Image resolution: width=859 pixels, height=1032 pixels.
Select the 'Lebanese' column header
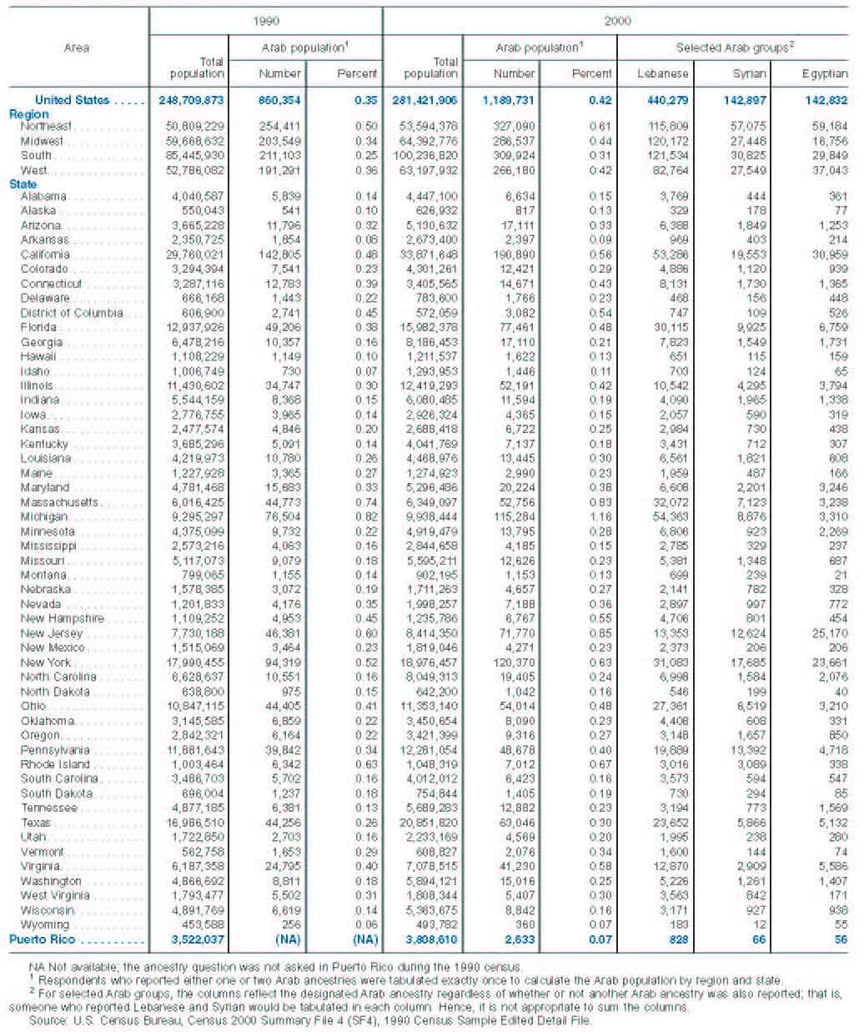(x=663, y=73)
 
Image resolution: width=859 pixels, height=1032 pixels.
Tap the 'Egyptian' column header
(x=825, y=73)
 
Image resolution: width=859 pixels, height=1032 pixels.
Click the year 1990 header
(x=266, y=21)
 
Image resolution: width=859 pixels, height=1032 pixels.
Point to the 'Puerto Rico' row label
(x=43, y=939)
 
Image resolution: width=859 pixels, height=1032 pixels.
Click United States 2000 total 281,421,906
(x=424, y=100)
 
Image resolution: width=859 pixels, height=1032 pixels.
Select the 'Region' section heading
(x=29, y=113)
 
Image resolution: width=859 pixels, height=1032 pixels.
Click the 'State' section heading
(x=23, y=184)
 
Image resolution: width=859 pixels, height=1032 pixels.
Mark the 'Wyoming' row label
(x=45, y=924)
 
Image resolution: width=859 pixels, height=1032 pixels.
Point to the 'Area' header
(x=77, y=48)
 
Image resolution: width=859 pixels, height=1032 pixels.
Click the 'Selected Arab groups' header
(x=734, y=48)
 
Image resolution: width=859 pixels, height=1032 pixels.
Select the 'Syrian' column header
(x=749, y=73)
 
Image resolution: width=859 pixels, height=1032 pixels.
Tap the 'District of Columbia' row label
(x=72, y=313)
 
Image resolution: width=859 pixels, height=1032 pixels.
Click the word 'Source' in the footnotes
(x=48, y=1019)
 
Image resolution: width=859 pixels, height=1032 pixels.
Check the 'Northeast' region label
(x=47, y=126)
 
